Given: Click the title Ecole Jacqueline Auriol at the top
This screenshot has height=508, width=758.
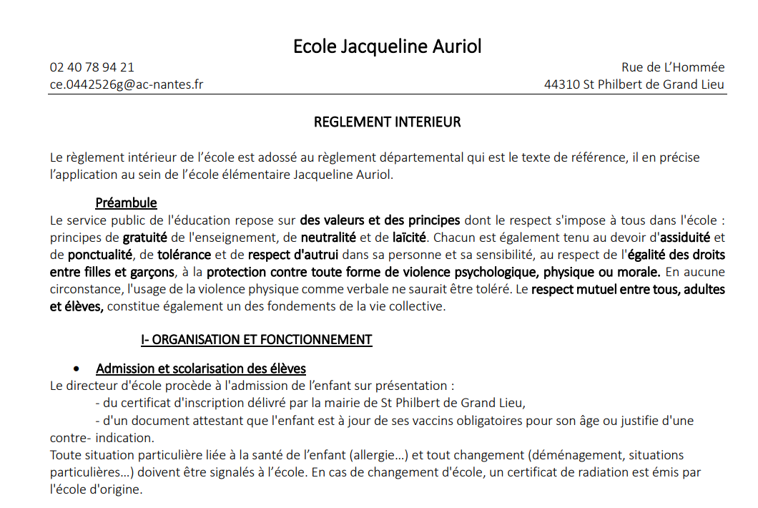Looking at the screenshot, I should [x=387, y=47].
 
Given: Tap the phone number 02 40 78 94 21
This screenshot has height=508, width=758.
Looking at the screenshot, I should [x=92, y=67].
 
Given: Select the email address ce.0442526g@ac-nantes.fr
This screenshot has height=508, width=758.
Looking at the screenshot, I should [x=127, y=84].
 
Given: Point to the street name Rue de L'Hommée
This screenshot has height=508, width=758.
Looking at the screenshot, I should [x=673, y=67].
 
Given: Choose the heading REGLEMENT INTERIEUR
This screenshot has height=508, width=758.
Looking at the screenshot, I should [x=387, y=122].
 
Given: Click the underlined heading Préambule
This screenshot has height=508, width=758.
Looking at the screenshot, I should [x=126, y=203].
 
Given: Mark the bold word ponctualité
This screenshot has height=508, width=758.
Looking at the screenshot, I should [x=100, y=254].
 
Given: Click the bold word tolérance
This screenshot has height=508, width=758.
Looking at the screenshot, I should [x=184, y=254].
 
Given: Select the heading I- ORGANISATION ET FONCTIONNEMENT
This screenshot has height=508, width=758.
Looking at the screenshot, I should [x=256, y=340].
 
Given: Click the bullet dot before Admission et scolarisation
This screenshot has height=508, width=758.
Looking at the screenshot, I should [x=77, y=368].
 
